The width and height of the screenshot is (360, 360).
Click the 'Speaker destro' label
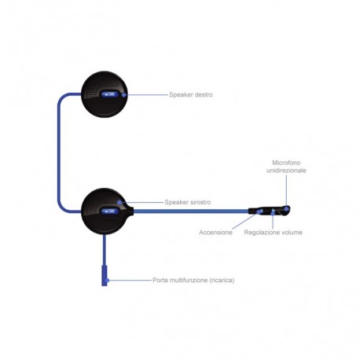point(191,94)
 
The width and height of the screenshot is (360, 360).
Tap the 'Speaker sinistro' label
point(188,202)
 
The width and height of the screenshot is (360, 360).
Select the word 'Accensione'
point(215,232)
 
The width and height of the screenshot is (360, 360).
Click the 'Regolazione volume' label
point(274,232)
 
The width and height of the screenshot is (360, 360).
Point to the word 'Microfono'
point(286,163)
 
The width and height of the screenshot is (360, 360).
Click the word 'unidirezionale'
point(286,171)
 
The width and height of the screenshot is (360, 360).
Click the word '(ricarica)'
point(222,281)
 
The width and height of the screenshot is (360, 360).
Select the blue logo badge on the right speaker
point(109,94)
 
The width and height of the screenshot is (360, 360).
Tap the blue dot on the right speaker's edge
point(124,94)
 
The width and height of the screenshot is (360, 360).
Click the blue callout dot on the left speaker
point(119,202)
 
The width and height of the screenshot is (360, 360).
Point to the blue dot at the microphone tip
point(287,208)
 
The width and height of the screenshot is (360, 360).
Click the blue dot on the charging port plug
point(107,281)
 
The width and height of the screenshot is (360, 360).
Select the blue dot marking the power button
point(260,211)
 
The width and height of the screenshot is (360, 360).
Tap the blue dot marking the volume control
point(273,211)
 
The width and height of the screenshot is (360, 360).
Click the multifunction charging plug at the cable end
point(105,275)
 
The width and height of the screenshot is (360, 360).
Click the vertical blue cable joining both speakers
point(59,152)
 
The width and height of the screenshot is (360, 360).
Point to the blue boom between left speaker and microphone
point(191,211)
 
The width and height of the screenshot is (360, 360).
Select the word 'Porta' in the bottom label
point(160,280)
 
